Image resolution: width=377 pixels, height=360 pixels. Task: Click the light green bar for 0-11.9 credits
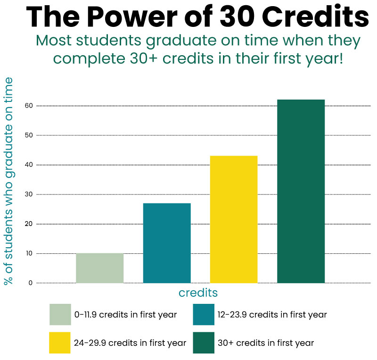(99, 268)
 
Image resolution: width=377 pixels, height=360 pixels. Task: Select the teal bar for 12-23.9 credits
(167, 243)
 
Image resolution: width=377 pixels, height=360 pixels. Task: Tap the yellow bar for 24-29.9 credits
(234, 219)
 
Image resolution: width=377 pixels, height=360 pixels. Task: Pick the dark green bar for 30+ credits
(301, 191)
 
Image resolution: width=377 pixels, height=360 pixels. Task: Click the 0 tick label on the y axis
(30, 283)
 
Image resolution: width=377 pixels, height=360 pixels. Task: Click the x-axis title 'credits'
(198, 293)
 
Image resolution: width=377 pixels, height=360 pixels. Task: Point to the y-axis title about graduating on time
(8, 181)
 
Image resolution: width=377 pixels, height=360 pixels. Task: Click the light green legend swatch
(60, 315)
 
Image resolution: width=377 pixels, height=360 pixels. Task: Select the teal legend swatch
(204, 315)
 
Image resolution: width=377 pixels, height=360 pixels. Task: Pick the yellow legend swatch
(60, 343)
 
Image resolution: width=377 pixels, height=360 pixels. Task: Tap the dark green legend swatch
(204, 343)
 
